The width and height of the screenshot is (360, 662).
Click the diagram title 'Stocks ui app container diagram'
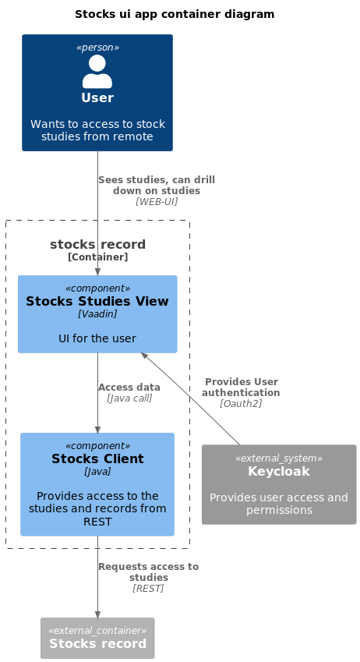click(175, 14)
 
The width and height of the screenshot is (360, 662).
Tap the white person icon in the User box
click(97, 72)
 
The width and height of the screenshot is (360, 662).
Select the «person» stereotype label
click(97, 48)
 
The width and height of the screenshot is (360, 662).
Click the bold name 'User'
click(97, 97)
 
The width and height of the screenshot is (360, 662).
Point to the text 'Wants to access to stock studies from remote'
click(97, 130)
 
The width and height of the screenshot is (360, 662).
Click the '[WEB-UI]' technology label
click(157, 202)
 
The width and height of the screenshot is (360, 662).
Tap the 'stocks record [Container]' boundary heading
click(97, 250)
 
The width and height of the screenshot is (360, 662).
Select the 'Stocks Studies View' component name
click(97, 301)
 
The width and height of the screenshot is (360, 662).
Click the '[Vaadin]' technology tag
click(97, 313)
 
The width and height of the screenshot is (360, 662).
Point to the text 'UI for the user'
click(97, 338)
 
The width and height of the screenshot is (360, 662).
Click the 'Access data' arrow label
click(129, 388)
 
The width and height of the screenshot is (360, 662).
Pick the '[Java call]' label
click(129, 398)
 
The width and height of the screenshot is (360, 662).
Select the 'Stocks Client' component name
click(97, 458)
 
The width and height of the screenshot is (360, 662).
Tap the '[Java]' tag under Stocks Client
click(97, 471)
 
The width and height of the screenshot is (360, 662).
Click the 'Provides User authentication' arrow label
click(241, 388)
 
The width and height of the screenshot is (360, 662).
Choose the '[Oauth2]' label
click(241, 404)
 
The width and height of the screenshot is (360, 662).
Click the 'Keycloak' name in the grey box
click(279, 471)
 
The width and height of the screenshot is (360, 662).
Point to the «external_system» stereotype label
click(279, 458)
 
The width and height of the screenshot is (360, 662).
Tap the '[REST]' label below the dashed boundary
click(148, 588)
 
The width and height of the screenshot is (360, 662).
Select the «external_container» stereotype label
click(97, 630)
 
